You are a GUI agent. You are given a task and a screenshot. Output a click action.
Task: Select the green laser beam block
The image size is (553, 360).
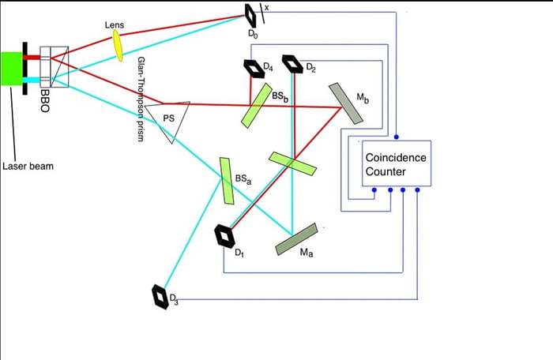pos(13,69)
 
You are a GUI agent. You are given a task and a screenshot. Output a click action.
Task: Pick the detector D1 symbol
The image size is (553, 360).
pos(225,235)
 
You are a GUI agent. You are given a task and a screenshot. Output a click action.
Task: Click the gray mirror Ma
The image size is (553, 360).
pos(296,240)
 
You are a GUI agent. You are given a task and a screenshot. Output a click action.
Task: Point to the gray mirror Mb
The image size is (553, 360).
pos(346,103)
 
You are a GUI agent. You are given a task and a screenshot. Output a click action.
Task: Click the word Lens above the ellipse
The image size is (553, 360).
pos(115,25)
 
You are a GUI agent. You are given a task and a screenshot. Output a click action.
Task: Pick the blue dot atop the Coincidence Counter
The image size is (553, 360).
pos(397,137)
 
